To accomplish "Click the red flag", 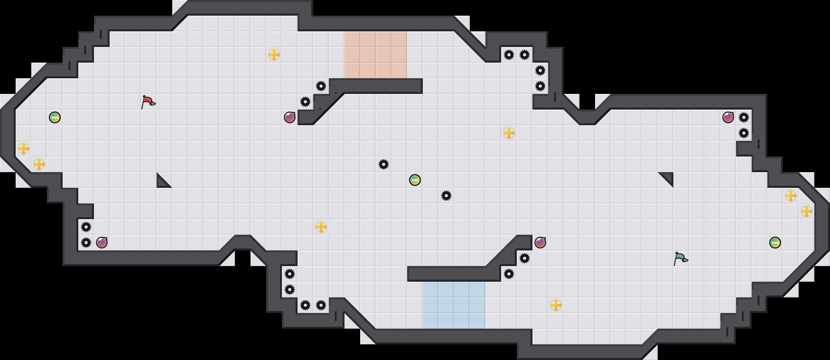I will point(148,102).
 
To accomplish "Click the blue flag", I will point(680,258).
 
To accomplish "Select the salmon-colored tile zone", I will point(376,55).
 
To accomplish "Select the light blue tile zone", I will point(454,305).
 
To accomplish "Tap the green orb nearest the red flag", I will point(55,117).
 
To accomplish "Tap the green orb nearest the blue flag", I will point(775,243).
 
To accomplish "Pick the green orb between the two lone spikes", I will point(415,180).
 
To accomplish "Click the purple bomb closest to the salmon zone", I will point(290,117).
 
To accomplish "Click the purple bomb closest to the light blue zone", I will point(540,243).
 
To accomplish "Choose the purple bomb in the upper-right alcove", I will point(728,117).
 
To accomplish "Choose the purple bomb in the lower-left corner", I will point(102,243).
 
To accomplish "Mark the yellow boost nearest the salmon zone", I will point(274,55).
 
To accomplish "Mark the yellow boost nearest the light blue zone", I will point(556,305).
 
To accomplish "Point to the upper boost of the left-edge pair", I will point(23,149).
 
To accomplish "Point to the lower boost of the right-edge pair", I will point(807,211).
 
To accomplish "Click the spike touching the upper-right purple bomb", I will point(744,117).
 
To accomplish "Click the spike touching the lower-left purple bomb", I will point(86,243).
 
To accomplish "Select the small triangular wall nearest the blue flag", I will point(668,178).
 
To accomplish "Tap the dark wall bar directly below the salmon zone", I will point(376,86).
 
